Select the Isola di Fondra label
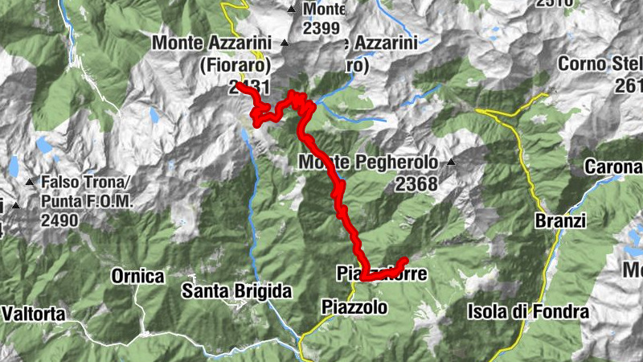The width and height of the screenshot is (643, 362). pyautogui.click(x=529, y=311)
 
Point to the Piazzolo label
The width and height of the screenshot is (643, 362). pyautogui.click(x=354, y=306)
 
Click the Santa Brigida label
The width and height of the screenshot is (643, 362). pyautogui.click(x=236, y=290)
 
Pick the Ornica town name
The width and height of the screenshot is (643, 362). pyautogui.click(x=137, y=277)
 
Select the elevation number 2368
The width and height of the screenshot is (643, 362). pyautogui.click(x=416, y=184)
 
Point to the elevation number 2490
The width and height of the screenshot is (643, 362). pyautogui.click(x=59, y=220)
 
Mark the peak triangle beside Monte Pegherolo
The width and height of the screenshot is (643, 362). pyautogui.click(x=451, y=162)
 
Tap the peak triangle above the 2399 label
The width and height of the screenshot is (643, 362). pyautogui.click(x=292, y=10)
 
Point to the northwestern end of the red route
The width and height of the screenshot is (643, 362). pyautogui.click(x=240, y=84)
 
